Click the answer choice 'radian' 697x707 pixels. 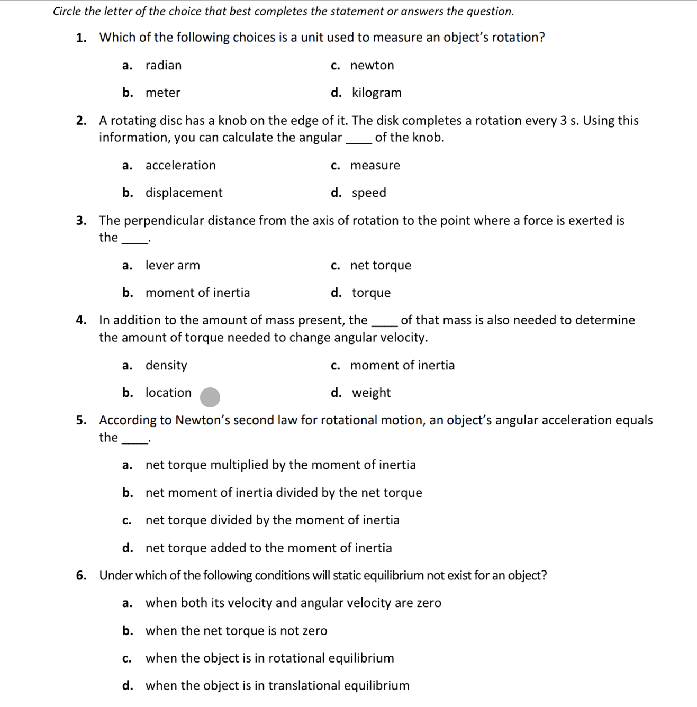coord(164,66)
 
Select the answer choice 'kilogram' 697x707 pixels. coord(376,93)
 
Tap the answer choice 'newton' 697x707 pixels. coord(372,66)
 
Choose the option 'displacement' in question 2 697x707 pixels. coord(184,193)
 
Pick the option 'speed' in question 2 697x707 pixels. coord(369,193)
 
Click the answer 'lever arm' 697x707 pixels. coord(173,266)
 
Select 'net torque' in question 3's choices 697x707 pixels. coord(381,266)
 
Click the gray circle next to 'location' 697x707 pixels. coord(210,397)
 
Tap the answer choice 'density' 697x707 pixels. coord(166,366)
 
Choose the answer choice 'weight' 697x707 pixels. coord(371,393)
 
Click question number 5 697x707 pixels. coord(81,421)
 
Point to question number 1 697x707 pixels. coord(81,38)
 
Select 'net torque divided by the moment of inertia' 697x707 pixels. coord(273,521)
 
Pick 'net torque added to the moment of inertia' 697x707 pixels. coord(269,548)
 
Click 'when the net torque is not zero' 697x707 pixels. coord(237,631)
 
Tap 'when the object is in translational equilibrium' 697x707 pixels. coord(277,686)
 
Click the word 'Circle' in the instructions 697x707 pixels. coord(67,12)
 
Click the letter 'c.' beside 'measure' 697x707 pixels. coord(336,166)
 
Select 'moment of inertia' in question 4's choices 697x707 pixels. coord(402,366)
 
